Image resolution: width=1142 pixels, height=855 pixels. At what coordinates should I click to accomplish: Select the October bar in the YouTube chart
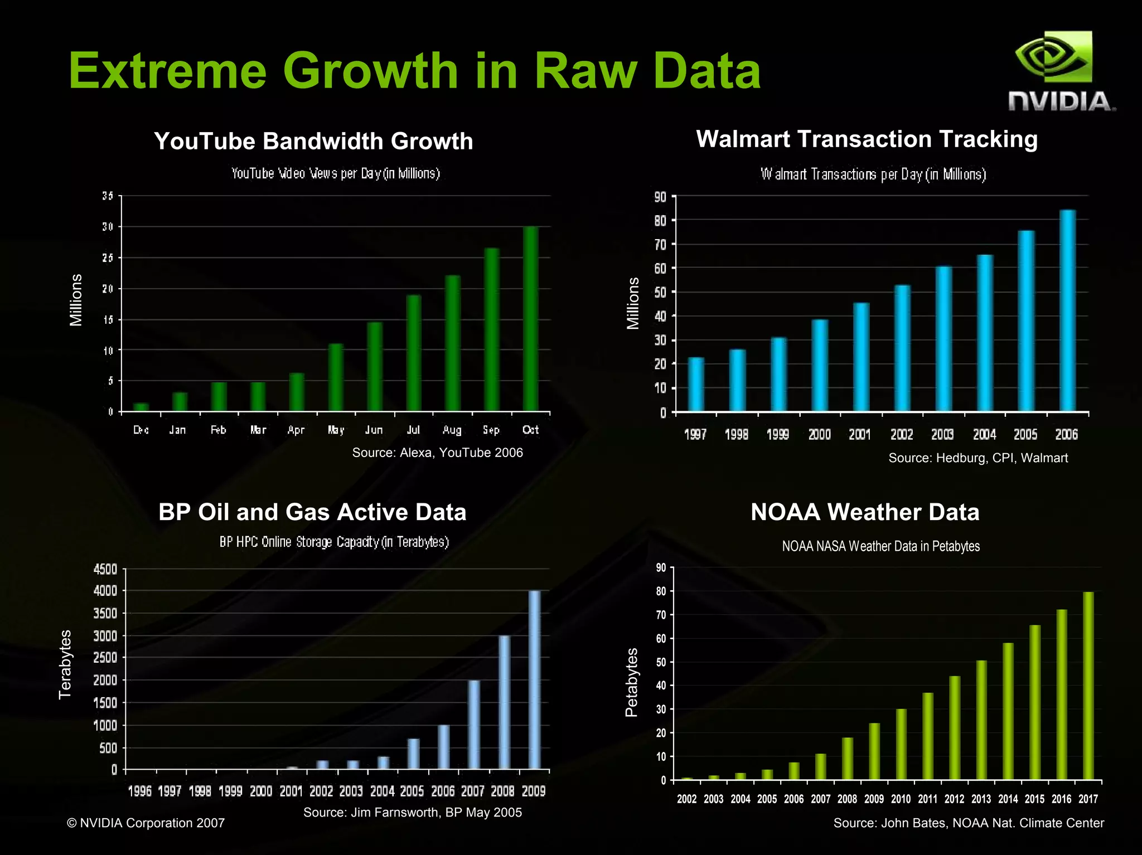click(531, 319)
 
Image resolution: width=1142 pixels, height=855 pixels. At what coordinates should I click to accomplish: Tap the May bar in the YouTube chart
click(336, 377)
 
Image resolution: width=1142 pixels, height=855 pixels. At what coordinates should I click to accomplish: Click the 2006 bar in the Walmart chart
click(1067, 310)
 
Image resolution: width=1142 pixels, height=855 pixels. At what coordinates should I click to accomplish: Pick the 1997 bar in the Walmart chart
click(696, 384)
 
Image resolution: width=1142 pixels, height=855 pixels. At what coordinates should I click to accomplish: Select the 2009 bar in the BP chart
click(534, 680)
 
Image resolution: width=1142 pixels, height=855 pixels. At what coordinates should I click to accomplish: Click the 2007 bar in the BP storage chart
click(474, 725)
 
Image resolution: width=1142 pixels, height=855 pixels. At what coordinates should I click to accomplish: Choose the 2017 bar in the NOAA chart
click(1088, 686)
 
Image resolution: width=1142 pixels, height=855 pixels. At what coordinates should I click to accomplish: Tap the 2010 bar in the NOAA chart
click(901, 744)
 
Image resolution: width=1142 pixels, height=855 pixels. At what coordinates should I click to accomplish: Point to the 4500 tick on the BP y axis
click(105, 569)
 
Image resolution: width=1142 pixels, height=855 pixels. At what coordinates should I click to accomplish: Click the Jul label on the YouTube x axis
click(413, 430)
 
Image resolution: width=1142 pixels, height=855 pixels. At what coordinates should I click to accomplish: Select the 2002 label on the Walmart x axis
click(901, 434)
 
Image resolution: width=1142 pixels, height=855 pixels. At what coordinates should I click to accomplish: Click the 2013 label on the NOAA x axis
click(981, 799)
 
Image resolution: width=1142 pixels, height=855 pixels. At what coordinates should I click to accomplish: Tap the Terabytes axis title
click(65, 664)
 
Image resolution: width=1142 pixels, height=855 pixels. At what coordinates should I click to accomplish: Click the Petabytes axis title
click(631, 682)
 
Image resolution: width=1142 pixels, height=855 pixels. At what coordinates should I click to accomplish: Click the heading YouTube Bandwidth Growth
click(313, 141)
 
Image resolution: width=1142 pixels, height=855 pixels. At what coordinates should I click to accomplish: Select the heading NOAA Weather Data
click(865, 512)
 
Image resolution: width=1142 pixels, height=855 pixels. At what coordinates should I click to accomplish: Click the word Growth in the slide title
click(370, 71)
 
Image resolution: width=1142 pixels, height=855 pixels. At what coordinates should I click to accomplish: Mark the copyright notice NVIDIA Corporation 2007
click(146, 823)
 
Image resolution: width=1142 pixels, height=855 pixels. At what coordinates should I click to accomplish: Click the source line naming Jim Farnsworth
click(412, 812)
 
